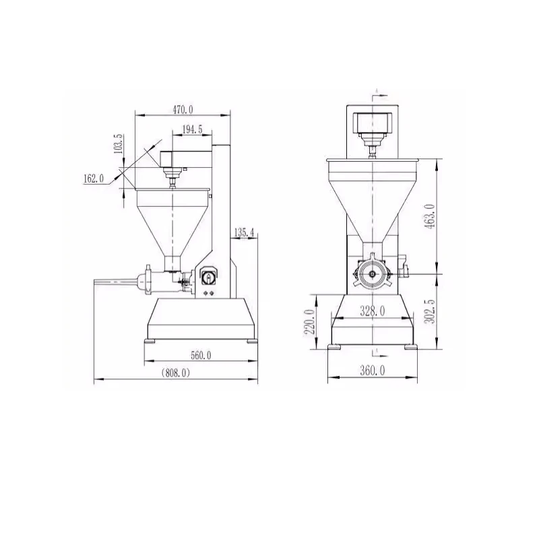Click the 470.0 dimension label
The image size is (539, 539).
(x=183, y=108)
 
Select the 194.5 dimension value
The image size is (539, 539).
(x=191, y=129)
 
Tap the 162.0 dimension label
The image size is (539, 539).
(x=94, y=179)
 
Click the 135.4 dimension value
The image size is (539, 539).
(x=243, y=233)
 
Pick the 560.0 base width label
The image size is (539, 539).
(x=201, y=355)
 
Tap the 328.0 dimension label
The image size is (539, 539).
(x=372, y=311)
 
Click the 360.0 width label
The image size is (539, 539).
(x=372, y=371)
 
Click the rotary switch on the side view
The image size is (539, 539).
(x=208, y=276)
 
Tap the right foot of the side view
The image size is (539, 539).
(x=252, y=342)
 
